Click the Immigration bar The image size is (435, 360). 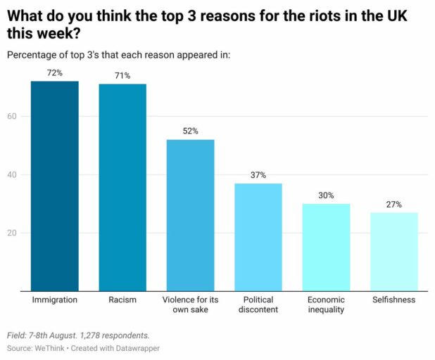(54, 186)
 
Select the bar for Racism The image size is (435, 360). (122, 187)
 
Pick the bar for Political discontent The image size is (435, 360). (258, 237)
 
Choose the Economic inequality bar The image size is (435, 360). (326, 247)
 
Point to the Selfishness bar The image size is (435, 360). (393, 251)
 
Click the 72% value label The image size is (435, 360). (54, 73)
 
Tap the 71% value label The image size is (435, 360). (122, 76)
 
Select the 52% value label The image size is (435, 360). (190, 131)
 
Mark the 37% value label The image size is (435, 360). (258, 175)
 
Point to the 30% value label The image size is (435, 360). (326, 195)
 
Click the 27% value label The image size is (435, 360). (393, 205)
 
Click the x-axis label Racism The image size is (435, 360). (122, 300)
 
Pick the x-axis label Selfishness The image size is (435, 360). (393, 300)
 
